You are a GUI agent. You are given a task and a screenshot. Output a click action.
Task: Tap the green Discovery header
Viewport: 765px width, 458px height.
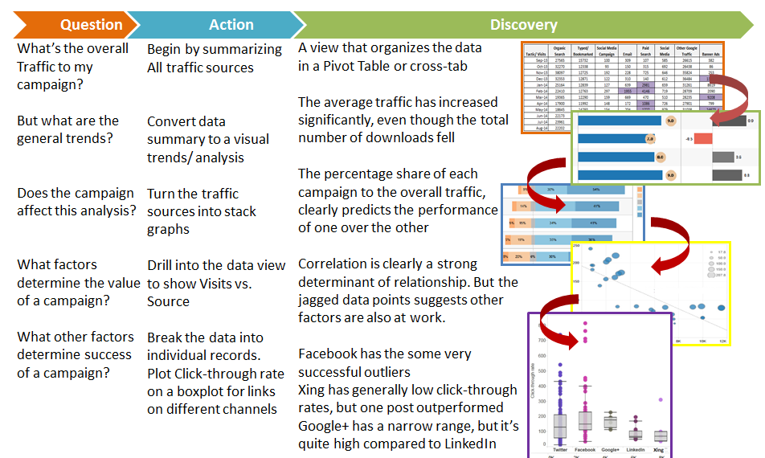coord(523,25)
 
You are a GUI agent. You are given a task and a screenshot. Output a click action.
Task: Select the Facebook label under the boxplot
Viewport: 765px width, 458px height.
coord(585,449)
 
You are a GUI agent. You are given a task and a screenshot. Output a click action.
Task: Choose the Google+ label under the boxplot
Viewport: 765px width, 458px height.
coord(610,449)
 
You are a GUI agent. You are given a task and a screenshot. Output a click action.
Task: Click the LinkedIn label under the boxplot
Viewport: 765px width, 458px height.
coord(636,449)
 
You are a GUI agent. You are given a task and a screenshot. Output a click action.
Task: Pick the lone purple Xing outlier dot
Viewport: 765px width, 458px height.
coord(661,399)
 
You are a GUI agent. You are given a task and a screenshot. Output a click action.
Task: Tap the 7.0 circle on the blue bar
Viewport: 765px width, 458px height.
coord(650,139)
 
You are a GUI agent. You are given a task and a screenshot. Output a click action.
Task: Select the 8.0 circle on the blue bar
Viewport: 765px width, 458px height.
coord(661,157)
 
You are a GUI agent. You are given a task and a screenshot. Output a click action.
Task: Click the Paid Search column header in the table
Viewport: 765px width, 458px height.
coord(644,50)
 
